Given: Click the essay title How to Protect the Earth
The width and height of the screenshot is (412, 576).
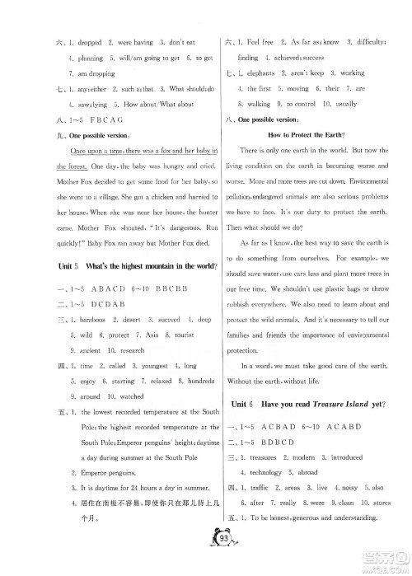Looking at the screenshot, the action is point(300,133).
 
